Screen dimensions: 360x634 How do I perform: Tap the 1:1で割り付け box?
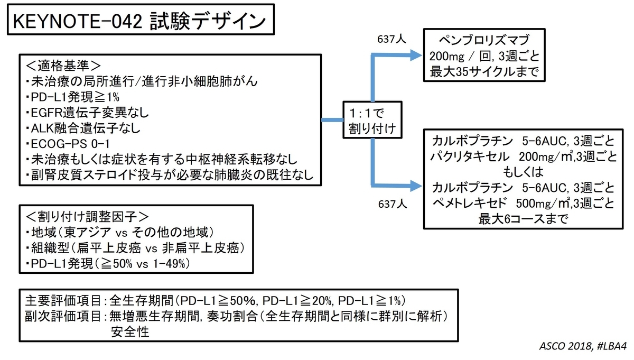click(x=372, y=121)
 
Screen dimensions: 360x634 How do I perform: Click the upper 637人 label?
click(x=392, y=40)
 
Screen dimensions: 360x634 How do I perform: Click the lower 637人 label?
click(x=392, y=202)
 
